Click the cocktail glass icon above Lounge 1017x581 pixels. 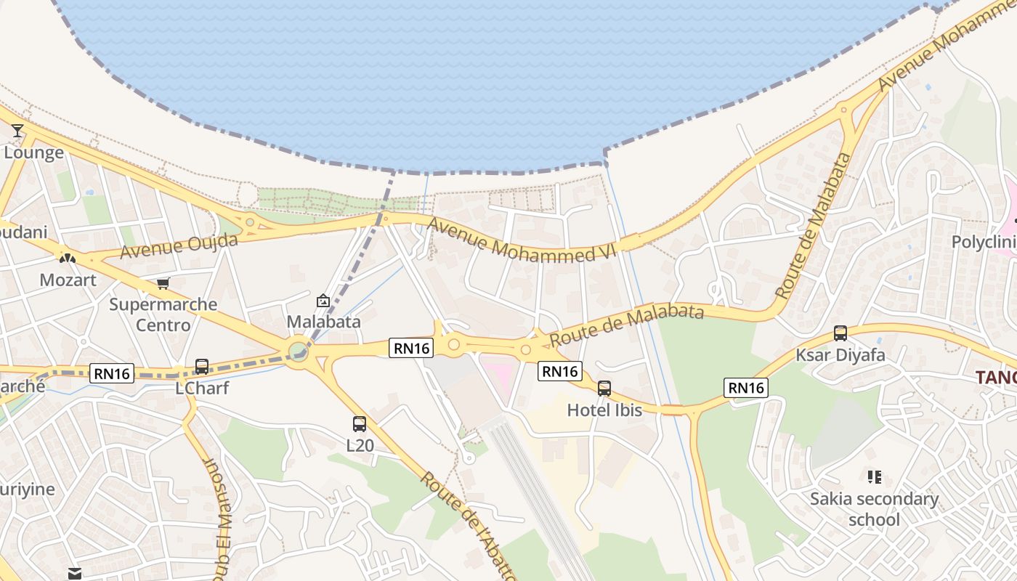(17, 131)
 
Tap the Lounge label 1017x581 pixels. (34, 153)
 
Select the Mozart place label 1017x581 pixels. (68, 280)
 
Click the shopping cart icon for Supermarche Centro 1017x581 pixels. (163, 284)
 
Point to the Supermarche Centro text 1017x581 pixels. (163, 314)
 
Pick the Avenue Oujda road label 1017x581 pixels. (179, 246)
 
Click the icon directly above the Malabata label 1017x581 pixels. (323, 301)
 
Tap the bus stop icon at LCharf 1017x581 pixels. (202, 367)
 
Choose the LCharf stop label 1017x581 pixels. (202, 388)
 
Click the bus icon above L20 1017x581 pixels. (359, 424)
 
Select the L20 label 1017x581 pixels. (360, 445)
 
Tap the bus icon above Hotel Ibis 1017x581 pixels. (604, 389)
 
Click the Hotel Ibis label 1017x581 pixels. (604, 410)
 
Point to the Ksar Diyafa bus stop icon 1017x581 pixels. (840, 333)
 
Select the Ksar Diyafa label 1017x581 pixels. (840, 355)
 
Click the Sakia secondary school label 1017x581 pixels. (875, 509)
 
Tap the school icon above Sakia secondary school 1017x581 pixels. (875, 477)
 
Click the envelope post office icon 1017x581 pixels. (75, 574)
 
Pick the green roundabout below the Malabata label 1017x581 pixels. (298, 352)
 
